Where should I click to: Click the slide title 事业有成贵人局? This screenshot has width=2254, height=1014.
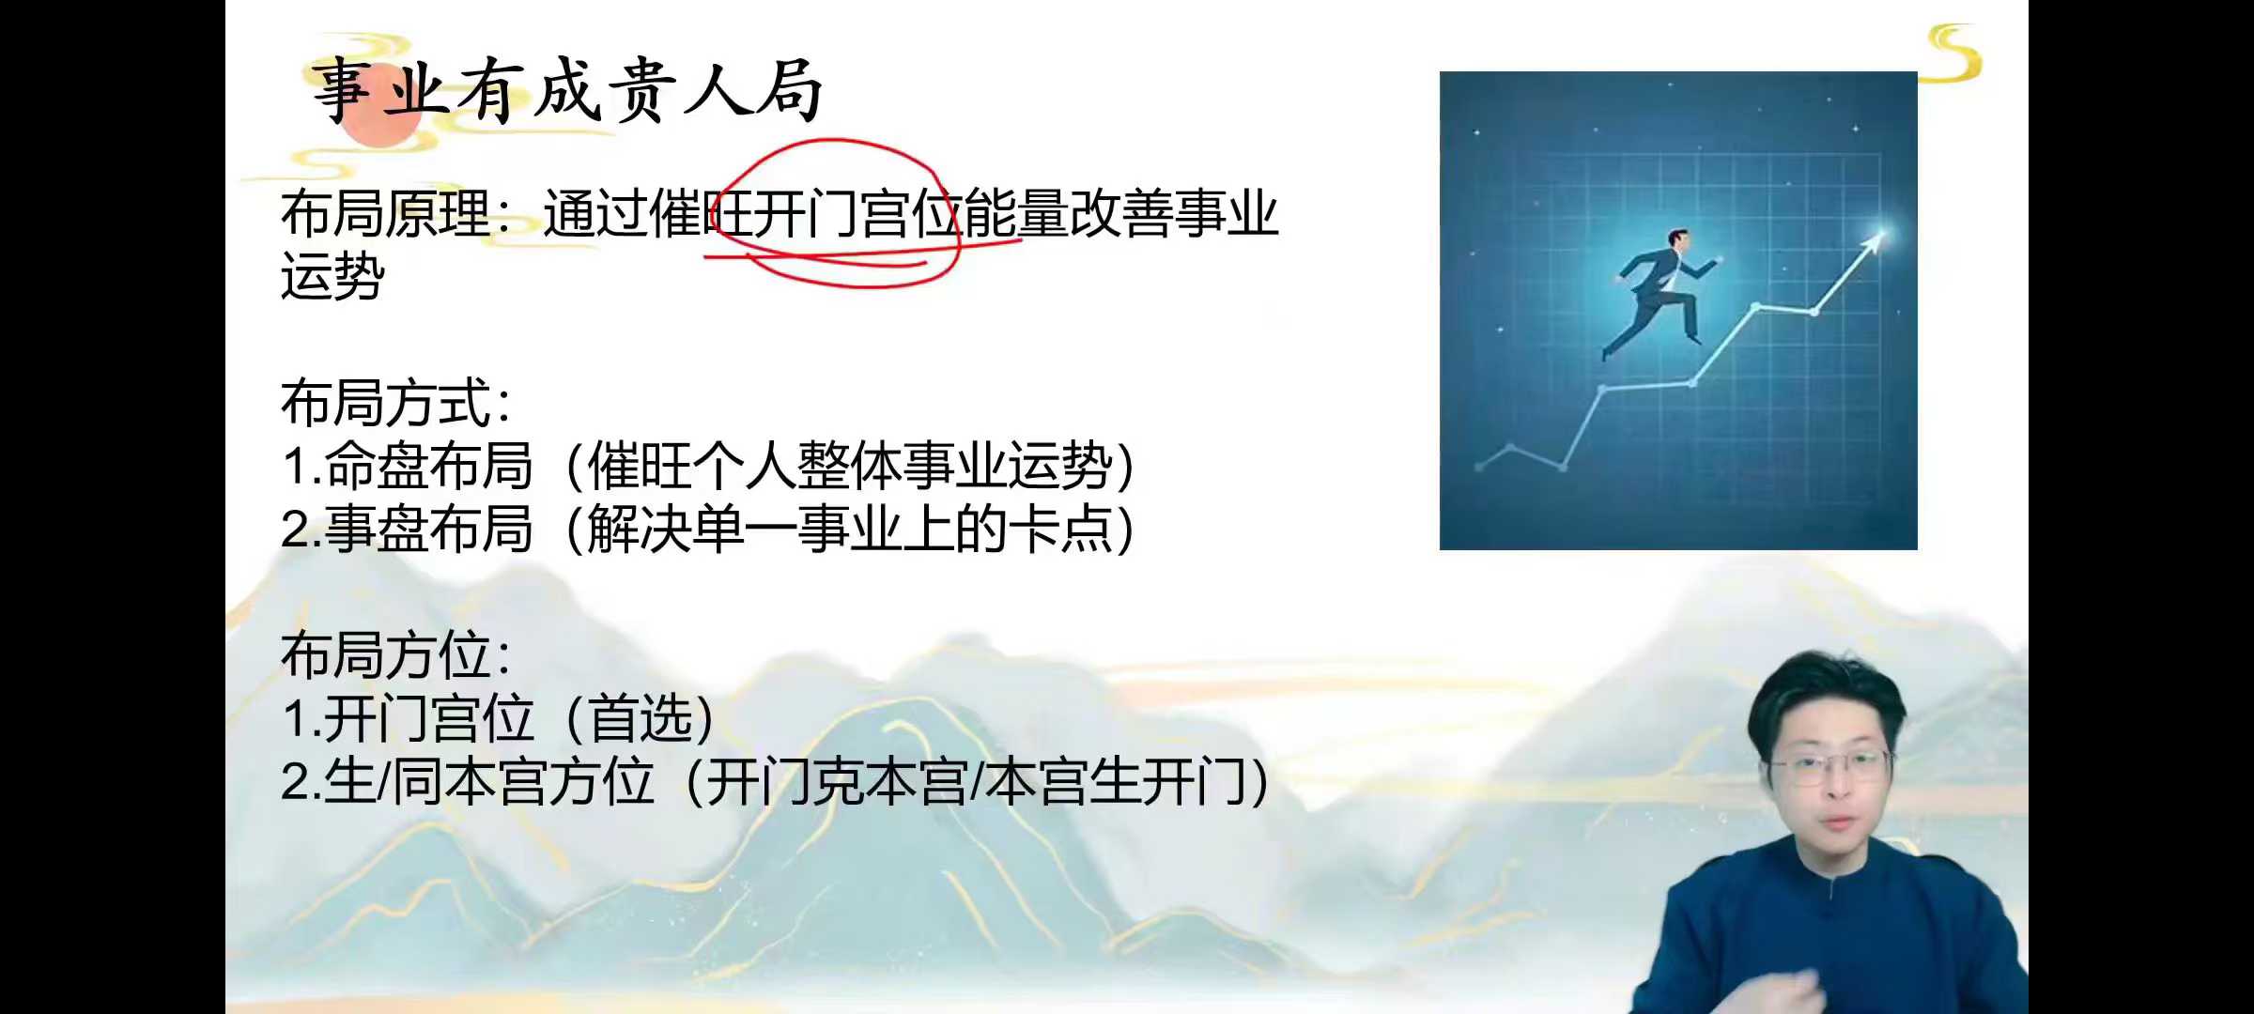point(568,90)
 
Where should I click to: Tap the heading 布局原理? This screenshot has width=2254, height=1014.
point(385,214)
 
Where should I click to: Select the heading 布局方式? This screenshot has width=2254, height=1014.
point(385,404)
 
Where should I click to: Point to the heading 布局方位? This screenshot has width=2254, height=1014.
point(385,655)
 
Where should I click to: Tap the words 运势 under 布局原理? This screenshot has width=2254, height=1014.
point(332,276)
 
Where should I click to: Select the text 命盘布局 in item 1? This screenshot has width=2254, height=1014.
point(428,467)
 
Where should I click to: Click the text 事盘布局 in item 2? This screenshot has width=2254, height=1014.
point(428,530)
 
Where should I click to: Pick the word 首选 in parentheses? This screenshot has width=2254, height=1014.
point(640,719)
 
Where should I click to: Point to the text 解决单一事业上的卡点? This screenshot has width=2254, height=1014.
point(849,530)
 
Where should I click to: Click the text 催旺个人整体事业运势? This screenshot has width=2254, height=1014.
point(849,467)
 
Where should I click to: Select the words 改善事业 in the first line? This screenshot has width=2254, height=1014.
point(1174,214)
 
